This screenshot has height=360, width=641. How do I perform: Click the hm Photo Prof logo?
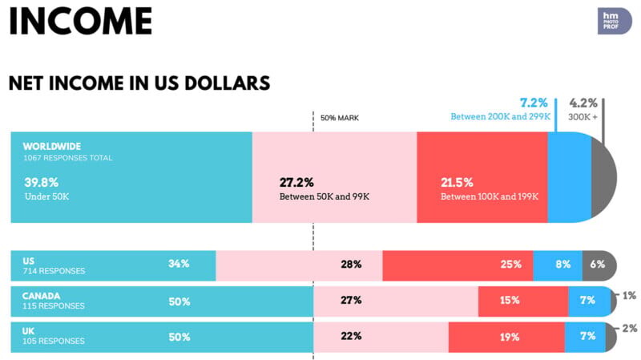point(615,21)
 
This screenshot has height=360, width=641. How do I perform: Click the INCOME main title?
point(80,22)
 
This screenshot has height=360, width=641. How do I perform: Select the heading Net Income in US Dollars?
point(139,83)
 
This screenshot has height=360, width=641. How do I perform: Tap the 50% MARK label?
point(340,118)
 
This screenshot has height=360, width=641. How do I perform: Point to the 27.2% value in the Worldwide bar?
point(296,182)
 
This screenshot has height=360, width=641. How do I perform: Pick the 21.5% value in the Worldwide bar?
point(458,182)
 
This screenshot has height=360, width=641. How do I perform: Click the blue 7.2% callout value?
point(534,103)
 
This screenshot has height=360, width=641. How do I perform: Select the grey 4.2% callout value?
point(583,103)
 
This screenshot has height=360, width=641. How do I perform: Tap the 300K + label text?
point(583,117)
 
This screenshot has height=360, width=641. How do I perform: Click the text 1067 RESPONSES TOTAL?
point(67,158)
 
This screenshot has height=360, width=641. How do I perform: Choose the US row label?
point(29,261)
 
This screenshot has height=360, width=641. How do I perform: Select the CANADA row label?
point(42,296)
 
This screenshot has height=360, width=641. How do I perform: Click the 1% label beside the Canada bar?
point(630,296)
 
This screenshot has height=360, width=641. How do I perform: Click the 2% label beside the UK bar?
point(630,328)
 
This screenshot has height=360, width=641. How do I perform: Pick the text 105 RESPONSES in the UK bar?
point(54,341)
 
